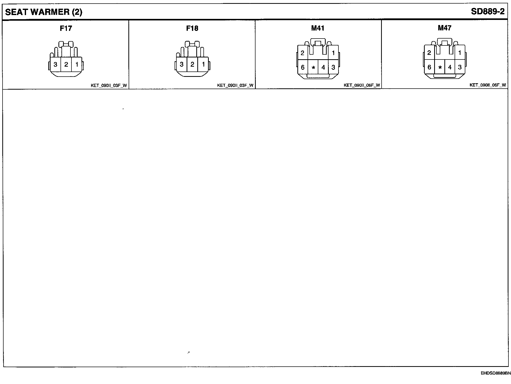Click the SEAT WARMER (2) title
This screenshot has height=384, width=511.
[x=44, y=12]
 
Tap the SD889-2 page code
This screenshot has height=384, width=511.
[x=488, y=12]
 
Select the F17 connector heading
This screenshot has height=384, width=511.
[x=66, y=28]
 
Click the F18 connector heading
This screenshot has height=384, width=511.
[x=192, y=28]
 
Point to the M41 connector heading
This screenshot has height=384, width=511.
[x=318, y=28]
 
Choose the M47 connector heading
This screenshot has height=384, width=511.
[x=444, y=28]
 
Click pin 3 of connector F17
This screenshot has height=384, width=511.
[x=55, y=64]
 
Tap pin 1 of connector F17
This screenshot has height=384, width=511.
[x=77, y=64]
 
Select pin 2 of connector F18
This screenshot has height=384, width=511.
[x=192, y=64]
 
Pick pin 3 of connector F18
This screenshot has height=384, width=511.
[x=181, y=64]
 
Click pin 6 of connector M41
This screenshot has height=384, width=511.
[x=303, y=67]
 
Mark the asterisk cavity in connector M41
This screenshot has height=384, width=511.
[x=313, y=68]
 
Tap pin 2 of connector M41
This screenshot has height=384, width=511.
[x=302, y=53]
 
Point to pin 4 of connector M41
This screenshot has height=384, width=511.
[x=323, y=67]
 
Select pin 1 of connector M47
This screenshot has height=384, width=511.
[x=460, y=53]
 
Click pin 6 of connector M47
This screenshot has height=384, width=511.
[x=429, y=67]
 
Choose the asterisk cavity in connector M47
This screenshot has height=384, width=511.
[x=440, y=68]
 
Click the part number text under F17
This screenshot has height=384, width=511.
[x=109, y=86]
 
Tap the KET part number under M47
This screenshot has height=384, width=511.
[x=488, y=85]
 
